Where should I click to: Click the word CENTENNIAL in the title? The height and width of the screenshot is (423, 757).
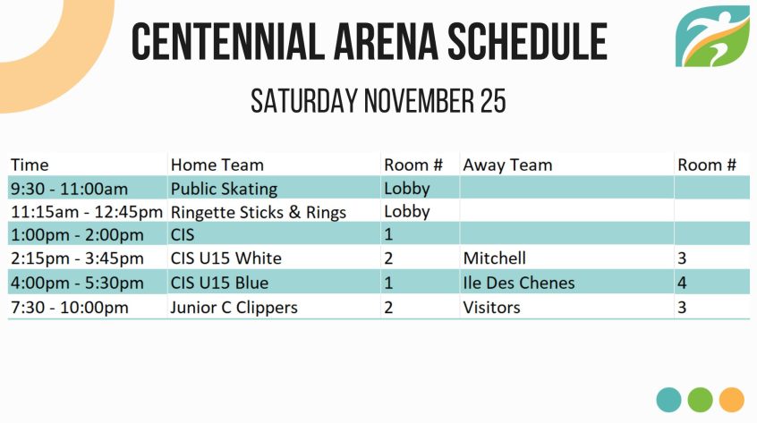point(227,41)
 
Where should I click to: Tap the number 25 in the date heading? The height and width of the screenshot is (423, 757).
point(493,101)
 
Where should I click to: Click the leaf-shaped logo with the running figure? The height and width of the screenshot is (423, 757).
point(712,36)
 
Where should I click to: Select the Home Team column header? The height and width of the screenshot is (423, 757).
point(217,165)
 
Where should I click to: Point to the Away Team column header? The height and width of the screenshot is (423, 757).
point(507,165)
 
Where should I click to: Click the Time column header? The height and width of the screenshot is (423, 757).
point(30,165)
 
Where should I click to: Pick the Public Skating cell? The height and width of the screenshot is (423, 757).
point(224,189)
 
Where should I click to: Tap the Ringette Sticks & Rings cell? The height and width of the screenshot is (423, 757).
point(259,212)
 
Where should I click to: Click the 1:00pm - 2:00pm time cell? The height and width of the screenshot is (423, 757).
point(77,235)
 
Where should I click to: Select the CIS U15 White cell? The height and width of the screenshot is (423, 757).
point(226,258)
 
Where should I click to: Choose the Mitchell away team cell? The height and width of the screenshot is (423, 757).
point(494,258)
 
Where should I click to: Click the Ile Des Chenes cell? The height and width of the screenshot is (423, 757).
point(519,283)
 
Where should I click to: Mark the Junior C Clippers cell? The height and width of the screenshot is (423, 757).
point(234,308)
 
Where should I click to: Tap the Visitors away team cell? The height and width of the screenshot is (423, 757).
point(491,308)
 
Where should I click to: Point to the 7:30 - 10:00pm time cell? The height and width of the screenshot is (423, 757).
point(70,308)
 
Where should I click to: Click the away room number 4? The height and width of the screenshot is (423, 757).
point(682,283)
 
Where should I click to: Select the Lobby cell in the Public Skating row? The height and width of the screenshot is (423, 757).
point(407,189)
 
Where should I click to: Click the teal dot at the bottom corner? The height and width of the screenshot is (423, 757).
point(668,400)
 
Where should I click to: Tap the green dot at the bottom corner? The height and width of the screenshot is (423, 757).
point(700,400)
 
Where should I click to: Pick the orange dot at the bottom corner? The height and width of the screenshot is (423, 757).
point(731,400)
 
